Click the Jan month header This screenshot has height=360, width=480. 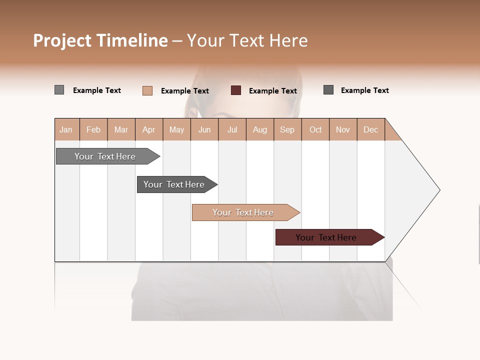click(x=66, y=129)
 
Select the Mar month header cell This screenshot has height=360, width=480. click(x=121, y=129)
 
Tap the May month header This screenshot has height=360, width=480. click(x=176, y=129)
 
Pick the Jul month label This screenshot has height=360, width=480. click(x=232, y=129)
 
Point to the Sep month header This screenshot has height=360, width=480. click(x=287, y=129)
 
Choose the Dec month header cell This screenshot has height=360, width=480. click(x=370, y=129)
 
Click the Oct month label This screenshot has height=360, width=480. click(x=315, y=129)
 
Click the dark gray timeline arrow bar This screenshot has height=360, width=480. click(x=175, y=184)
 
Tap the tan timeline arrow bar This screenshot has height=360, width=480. click(x=244, y=212)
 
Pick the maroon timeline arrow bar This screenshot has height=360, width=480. click(x=327, y=237)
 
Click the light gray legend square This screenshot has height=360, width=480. click(x=59, y=90)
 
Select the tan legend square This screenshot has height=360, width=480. click(x=147, y=90)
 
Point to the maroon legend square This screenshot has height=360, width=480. click(x=236, y=90)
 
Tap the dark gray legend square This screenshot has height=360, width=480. click(x=328, y=90)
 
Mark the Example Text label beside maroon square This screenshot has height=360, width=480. click(x=273, y=91)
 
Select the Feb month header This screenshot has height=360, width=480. click(x=93, y=129)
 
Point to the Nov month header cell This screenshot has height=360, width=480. click(x=343, y=129)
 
